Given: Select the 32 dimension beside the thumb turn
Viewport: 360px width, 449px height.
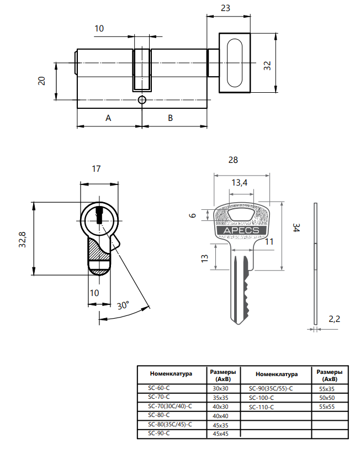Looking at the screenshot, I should point(267,65).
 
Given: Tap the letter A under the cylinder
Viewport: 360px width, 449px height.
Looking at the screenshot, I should point(109,118).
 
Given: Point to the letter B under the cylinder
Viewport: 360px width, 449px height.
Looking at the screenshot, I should point(171,118).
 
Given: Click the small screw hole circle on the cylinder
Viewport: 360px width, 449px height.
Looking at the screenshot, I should point(142,100).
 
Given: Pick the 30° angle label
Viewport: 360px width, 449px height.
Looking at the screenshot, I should point(123,305).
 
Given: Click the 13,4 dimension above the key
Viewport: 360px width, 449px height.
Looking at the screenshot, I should point(239,183).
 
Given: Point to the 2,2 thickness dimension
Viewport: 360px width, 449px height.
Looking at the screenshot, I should point(335,319).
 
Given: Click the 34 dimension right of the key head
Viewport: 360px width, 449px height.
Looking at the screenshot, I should point(296,228).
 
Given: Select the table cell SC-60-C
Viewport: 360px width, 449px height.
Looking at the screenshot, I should point(159,388).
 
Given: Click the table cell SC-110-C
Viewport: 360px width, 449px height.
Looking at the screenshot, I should point(262,406).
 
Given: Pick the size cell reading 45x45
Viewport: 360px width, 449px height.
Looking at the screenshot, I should point(220,434).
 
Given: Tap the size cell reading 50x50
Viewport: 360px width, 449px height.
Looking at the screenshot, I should point(327,398).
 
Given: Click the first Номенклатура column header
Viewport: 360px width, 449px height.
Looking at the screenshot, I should point(171,374).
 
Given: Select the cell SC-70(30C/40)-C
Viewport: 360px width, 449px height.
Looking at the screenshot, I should point(170,406).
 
